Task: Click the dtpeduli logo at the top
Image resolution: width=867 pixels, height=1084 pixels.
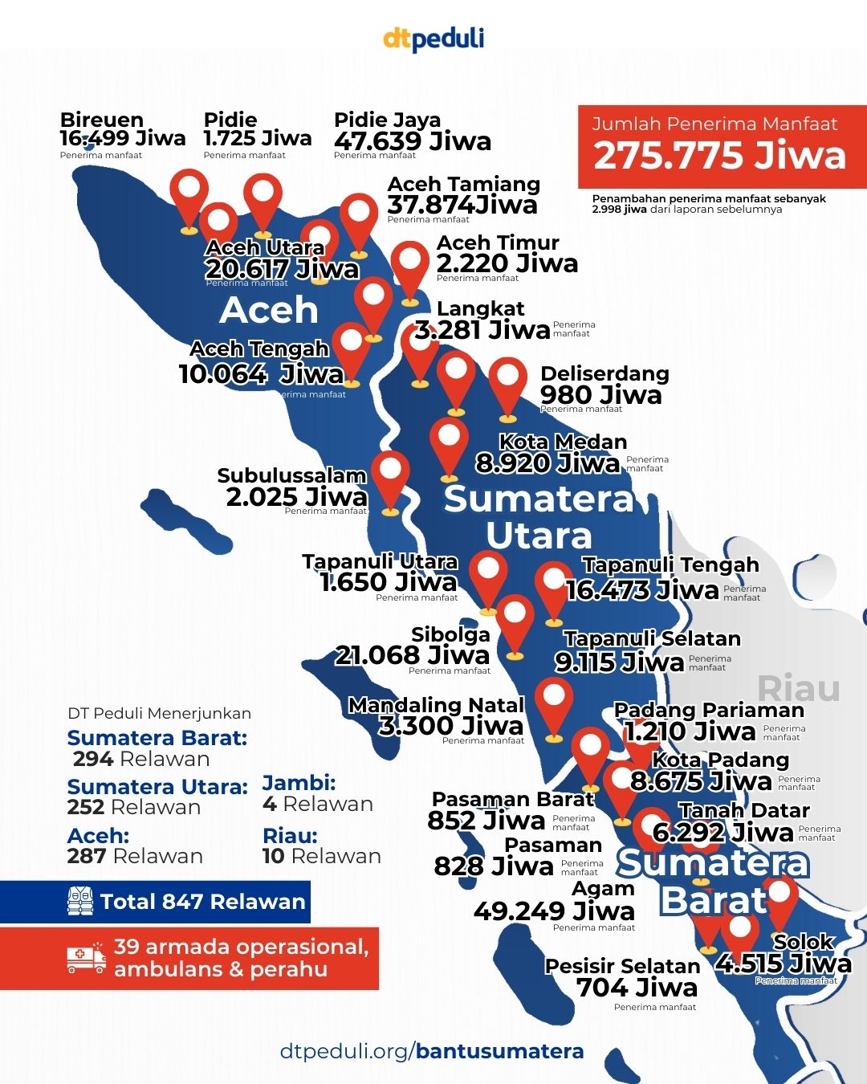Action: (x=433, y=39)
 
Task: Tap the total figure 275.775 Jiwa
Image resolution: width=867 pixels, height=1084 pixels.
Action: (x=719, y=156)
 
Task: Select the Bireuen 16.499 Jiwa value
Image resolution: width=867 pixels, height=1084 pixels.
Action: (x=122, y=138)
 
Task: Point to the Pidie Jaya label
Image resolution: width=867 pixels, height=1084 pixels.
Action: (x=387, y=120)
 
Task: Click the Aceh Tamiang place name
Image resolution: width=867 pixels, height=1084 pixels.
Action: (x=463, y=184)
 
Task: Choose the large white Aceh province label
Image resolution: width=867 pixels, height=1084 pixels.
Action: (x=269, y=310)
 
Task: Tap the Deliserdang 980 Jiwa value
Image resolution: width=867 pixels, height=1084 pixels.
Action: (x=600, y=394)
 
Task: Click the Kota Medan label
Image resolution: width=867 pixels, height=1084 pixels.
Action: (x=563, y=442)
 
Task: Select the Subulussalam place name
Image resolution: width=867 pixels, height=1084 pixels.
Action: (x=291, y=475)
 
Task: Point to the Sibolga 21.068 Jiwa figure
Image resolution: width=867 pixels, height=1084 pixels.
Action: (x=412, y=655)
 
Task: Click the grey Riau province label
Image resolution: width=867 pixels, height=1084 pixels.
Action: (x=799, y=688)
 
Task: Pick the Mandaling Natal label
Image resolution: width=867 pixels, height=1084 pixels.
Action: (x=436, y=705)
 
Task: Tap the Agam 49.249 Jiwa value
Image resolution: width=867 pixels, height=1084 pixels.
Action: (x=554, y=911)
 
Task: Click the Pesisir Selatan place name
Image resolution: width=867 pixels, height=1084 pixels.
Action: (x=622, y=966)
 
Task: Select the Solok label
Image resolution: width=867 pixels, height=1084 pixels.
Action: (x=804, y=942)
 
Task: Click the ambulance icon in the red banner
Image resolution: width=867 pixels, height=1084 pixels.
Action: (x=86, y=958)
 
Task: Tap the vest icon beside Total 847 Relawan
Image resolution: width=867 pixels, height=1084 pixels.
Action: (x=80, y=902)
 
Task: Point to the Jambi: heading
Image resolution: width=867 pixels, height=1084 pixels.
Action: (x=299, y=783)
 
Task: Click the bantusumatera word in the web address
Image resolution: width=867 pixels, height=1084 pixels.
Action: (x=499, y=1051)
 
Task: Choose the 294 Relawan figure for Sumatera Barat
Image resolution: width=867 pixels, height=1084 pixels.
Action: (x=141, y=759)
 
